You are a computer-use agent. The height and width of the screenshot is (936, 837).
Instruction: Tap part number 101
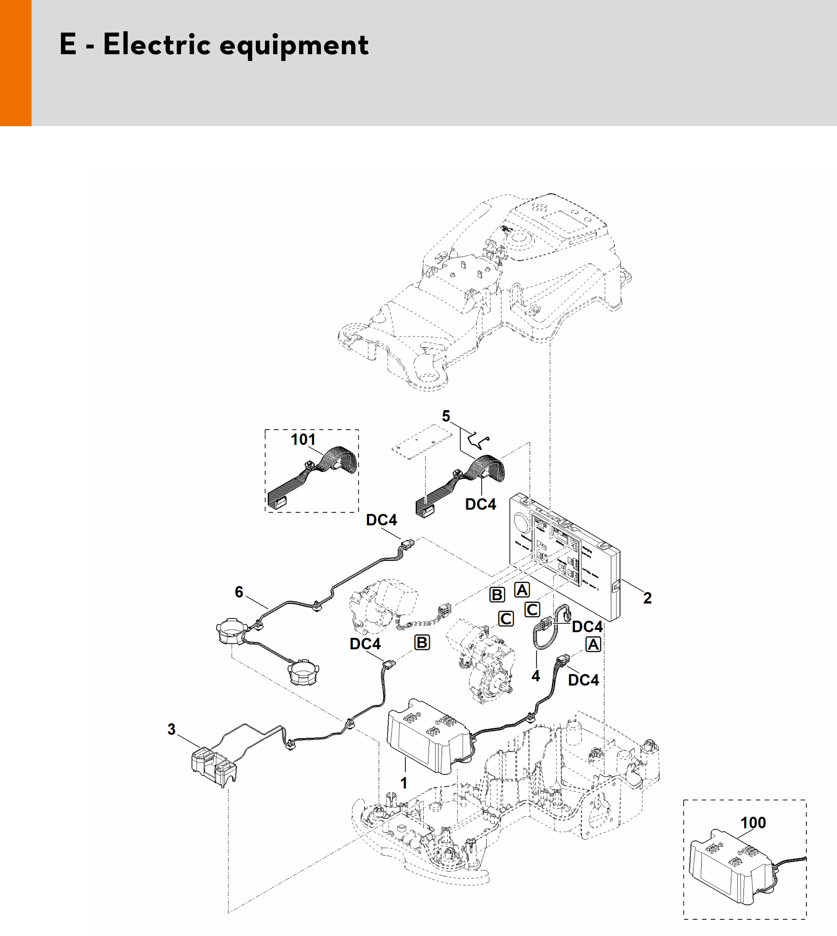(303, 439)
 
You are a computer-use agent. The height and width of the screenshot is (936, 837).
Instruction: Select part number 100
(753, 822)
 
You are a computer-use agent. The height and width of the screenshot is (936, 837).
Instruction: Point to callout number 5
(446, 417)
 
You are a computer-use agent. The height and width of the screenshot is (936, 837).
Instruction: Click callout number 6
(239, 592)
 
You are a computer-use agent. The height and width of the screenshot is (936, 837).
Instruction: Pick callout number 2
(647, 598)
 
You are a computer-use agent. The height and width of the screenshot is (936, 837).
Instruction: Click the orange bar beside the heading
(16, 63)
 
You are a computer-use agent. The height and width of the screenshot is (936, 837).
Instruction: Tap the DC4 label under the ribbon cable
(481, 504)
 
